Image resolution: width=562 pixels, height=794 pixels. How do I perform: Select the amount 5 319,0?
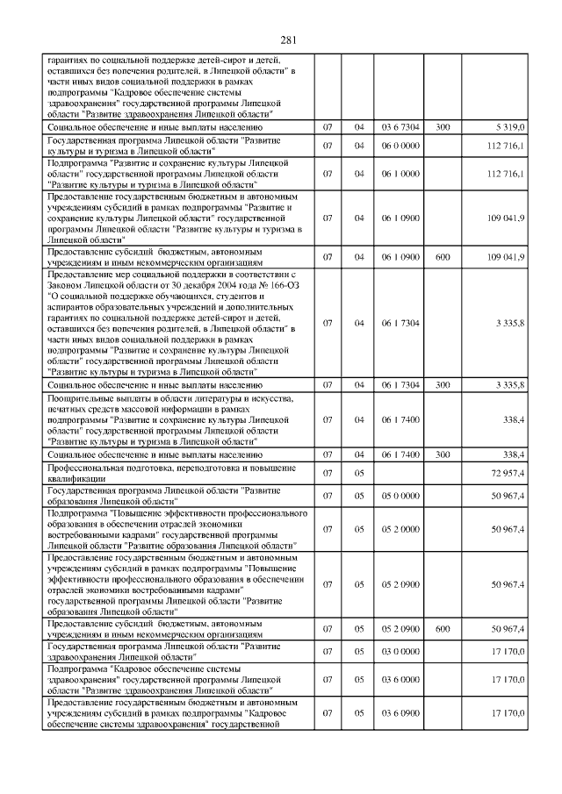point(509,127)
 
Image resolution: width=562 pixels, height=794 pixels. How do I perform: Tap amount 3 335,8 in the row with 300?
point(509,385)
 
